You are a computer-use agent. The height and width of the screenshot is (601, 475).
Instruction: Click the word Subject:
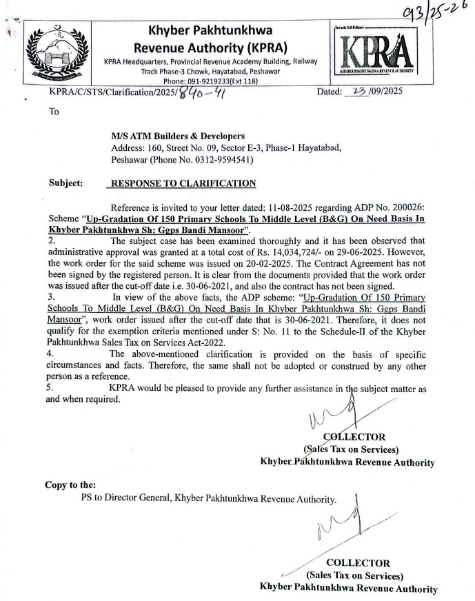pos(66,183)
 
